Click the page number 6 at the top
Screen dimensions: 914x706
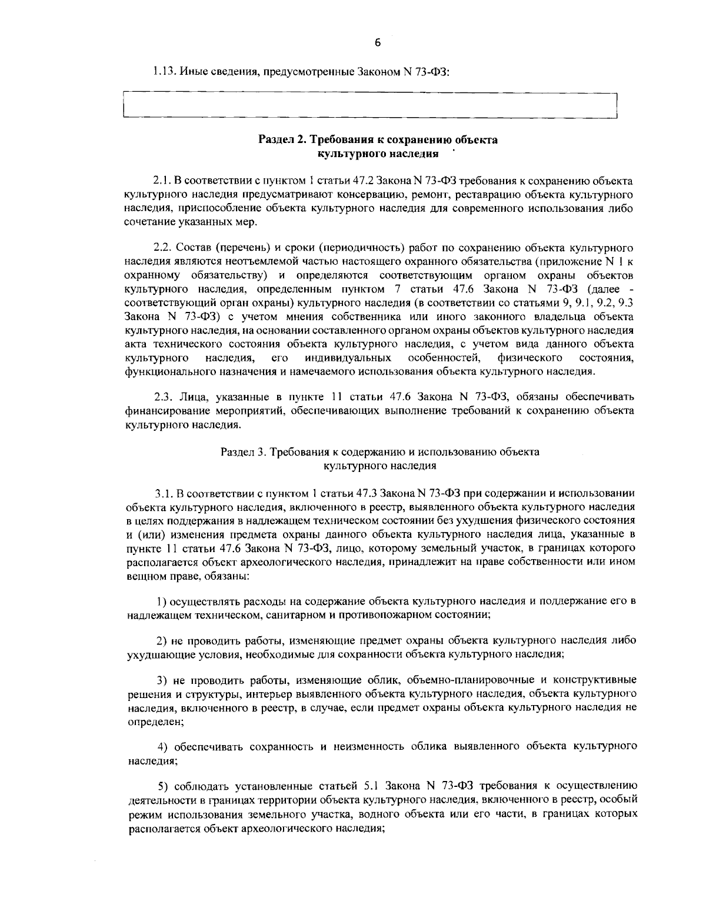[377, 42]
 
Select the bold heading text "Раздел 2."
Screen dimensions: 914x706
[283, 140]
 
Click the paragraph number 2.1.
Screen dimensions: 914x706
[160, 180]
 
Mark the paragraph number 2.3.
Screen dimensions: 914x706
[161, 395]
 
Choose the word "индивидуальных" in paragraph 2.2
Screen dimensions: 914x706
[348, 358]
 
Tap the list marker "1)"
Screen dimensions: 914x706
[162, 601]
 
